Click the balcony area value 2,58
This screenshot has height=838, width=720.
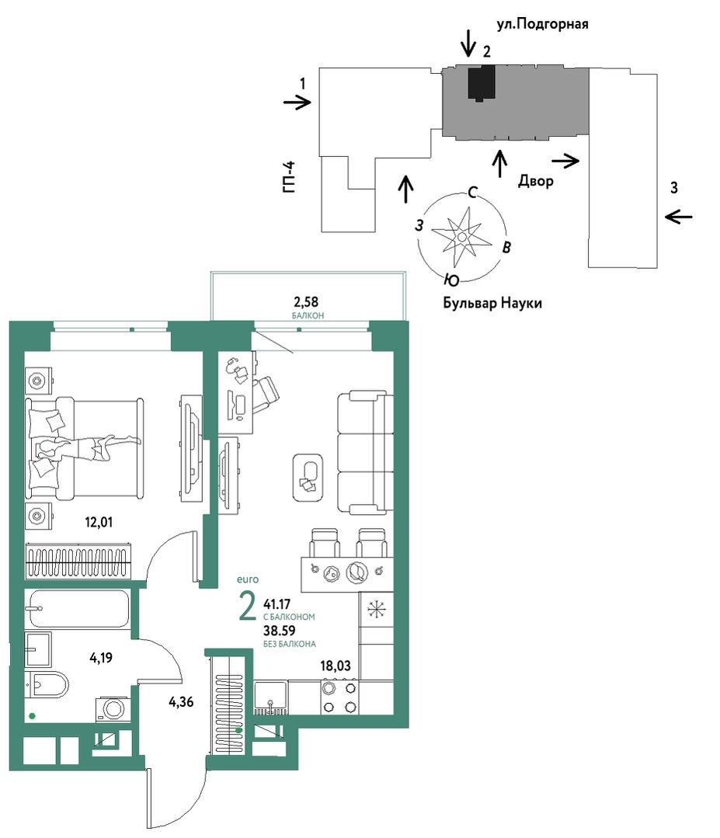click(x=306, y=302)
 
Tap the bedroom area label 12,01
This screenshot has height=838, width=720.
click(x=99, y=522)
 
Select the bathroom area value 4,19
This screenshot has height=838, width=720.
click(x=101, y=657)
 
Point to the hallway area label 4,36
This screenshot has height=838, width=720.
click(x=181, y=702)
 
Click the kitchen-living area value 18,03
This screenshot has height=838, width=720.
click(x=335, y=666)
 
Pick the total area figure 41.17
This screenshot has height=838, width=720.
click(x=277, y=604)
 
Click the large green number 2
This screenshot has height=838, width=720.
click(x=248, y=607)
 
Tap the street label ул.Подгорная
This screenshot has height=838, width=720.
click(x=542, y=24)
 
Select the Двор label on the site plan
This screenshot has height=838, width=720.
click(x=536, y=181)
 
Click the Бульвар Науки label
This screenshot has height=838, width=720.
click(x=492, y=303)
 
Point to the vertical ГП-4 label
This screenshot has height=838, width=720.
click(x=289, y=177)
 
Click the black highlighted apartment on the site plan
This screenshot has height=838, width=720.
click(x=481, y=83)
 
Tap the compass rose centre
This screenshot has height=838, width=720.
click(x=462, y=236)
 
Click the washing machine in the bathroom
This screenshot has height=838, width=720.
click(x=113, y=709)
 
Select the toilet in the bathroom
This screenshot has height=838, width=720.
click(x=47, y=685)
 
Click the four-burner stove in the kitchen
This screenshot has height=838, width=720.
click(x=339, y=697)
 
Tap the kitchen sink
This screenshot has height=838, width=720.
click(x=271, y=697)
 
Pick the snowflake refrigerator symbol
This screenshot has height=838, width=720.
click(x=376, y=609)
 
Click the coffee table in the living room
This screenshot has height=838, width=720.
click(x=308, y=478)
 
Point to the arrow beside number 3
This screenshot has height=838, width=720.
click(x=678, y=217)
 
